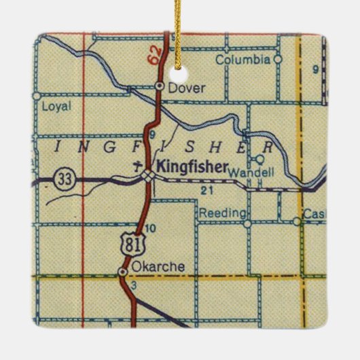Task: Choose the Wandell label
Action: (x=251, y=173)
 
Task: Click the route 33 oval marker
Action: (x=65, y=178)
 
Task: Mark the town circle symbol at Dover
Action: (x=159, y=86)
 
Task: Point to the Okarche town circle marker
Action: (x=122, y=272)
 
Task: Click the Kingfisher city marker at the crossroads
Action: (x=147, y=177)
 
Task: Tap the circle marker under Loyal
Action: (x=36, y=96)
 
